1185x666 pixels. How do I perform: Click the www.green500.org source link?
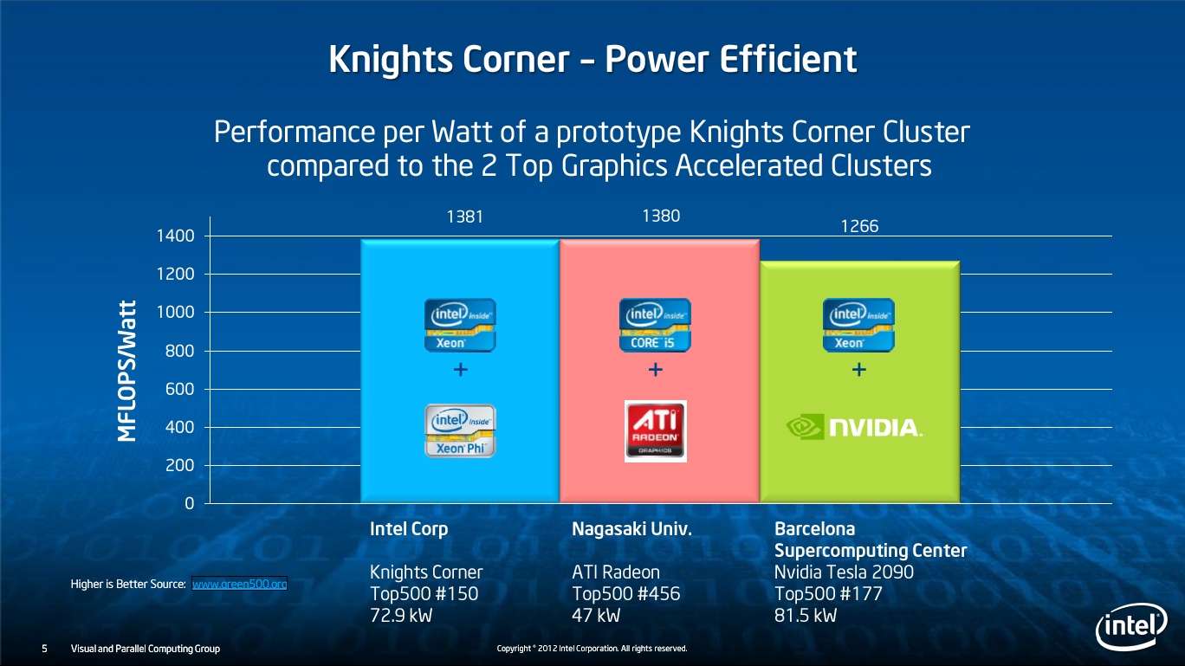coord(239,584)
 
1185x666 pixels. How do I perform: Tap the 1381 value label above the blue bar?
coord(464,217)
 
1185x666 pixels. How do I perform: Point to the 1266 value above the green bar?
coord(859,226)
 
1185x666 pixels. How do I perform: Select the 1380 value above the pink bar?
coord(661,216)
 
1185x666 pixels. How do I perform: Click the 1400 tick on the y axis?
coord(176,236)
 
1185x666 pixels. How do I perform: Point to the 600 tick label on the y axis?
coord(180,390)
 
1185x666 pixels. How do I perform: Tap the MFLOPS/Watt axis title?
coord(127,371)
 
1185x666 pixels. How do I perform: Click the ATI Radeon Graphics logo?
coord(656,431)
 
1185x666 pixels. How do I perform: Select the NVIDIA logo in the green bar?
coord(854,426)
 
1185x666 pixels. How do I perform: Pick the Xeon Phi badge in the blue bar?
coord(460,430)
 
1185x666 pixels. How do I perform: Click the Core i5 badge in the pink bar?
coord(655,325)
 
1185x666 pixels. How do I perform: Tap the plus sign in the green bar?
coord(859,369)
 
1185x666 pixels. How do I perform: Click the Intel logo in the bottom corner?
coord(1131,627)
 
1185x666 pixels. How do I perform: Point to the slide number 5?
coord(44,649)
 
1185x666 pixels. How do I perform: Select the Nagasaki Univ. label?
coord(631,529)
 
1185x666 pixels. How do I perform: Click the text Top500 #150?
coord(424,594)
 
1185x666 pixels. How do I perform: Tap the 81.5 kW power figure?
coord(806,616)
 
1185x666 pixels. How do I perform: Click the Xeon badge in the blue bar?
coord(460,325)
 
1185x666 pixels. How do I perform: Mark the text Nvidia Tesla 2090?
coord(844,572)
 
